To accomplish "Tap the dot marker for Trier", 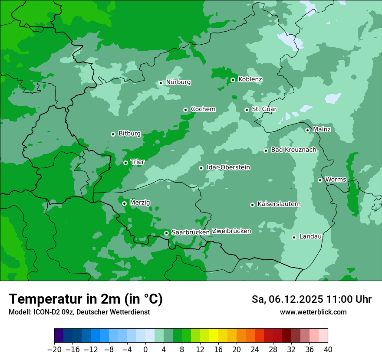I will click(125, 163).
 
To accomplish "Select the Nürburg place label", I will click(178, 82).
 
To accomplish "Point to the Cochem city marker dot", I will click(185, 110).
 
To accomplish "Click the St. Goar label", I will click(264, 109).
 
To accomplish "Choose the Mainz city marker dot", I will click(307, 130).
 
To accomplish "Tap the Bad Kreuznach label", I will click(293, 150).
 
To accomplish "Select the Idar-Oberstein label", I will click(228, 167).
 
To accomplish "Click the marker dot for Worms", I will click(320, 180).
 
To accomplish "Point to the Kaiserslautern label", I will click(279, 204).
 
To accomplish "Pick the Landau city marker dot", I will click(294, 237).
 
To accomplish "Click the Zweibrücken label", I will click(231, 231).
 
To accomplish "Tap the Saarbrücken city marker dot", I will click(166, 233).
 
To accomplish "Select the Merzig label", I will click(140, 203).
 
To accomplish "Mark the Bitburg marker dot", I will click(113, 134).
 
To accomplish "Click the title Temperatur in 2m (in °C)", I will click(86, 299).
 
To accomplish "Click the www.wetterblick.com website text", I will click(313, 312).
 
